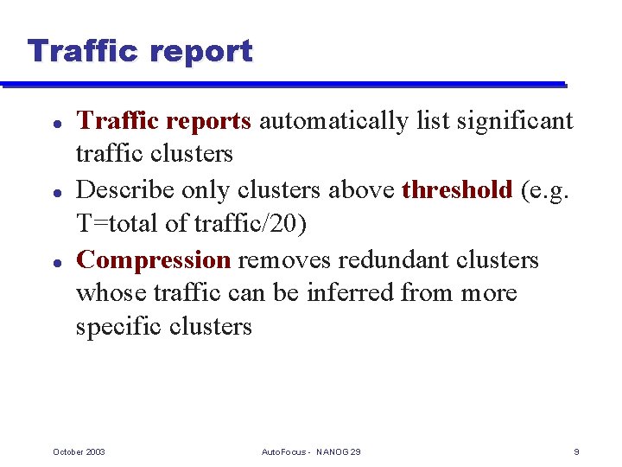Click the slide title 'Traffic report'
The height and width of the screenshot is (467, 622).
click(x=140, y=51)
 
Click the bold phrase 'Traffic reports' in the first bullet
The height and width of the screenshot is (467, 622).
click(x=163, y=121)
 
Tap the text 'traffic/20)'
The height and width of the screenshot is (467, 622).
click(x=251, y=224)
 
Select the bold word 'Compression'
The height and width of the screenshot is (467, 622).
click(x=154, y=259)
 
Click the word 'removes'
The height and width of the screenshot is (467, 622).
click(x=285, y=259)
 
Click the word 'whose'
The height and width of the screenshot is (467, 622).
click(x=111, y=293)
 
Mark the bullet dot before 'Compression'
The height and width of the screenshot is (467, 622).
click(x=55, y=260)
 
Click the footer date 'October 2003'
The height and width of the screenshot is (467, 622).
click(x=79, y=452)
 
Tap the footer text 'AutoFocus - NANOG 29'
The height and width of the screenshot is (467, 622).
click(x=311, y=452)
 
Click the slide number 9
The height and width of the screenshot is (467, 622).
click(x=576, y=452)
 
